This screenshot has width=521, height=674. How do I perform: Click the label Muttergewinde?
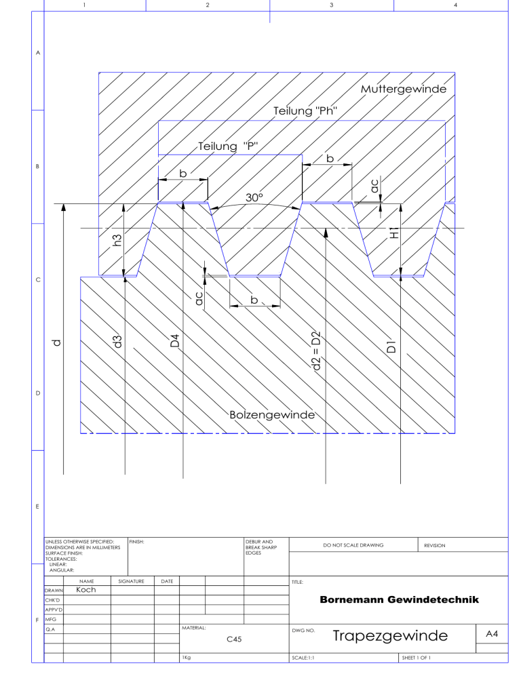click(x=404, y=90)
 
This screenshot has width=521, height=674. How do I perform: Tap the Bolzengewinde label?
click(x=272, y=415)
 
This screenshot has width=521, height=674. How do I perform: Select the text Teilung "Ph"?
click(x=305, y=111)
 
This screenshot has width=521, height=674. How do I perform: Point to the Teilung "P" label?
click(x=227, y=146)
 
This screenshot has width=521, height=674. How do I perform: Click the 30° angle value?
click(x=254, y=197)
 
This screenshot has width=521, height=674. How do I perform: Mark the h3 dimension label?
click(x=117, y=240)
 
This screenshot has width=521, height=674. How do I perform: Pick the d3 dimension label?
click(x=117, y=342)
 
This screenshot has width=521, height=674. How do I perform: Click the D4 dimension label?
click(x=174, y=341)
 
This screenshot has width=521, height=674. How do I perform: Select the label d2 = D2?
click(x=316, y=351)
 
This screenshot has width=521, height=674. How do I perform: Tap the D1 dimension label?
click(x=391, y=346)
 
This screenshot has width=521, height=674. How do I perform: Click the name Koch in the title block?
click(x=86, y=590)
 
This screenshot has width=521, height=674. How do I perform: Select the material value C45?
click(x=234, y=639)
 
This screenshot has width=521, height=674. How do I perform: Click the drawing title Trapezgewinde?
click(x=390, y=636)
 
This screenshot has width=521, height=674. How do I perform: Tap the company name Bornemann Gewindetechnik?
click(x=400, y=599)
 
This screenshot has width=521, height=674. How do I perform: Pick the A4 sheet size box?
click(x=493, y=633)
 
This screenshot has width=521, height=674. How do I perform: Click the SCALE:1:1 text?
click(x=303, y=658)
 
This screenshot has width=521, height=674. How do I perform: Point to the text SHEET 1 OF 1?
click(x=416, y=658)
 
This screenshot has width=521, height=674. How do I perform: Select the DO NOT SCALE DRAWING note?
click(x=353, y=545)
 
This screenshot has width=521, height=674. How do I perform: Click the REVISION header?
click(x=435, y=545)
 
